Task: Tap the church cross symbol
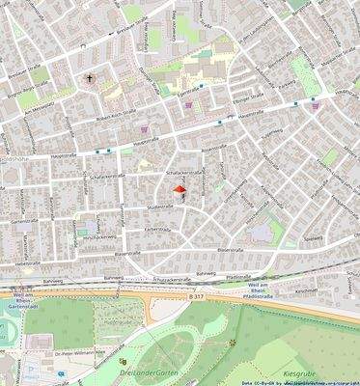91,78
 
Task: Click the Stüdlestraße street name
159,207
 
